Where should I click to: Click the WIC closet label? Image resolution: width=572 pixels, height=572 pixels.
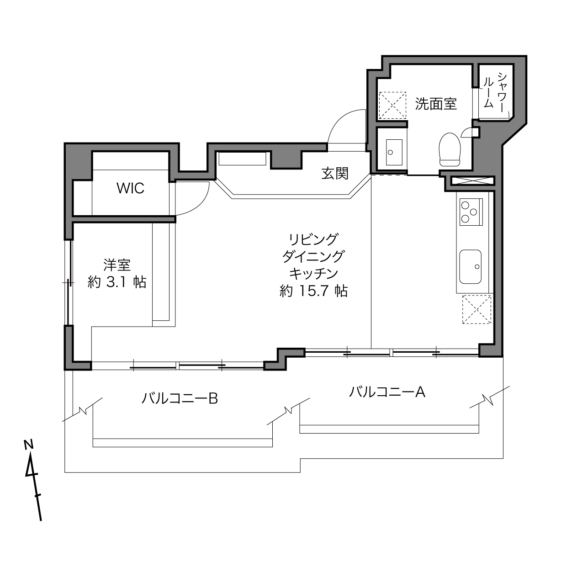(131, 188)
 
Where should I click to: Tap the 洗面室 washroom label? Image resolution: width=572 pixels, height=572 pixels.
(435, 104)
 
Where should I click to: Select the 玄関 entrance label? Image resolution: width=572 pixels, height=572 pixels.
(335, 173)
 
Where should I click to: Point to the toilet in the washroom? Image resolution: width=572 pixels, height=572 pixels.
(450, 149)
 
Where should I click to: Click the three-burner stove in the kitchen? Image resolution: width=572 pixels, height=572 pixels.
(471, 212)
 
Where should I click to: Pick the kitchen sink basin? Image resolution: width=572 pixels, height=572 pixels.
(471, 266)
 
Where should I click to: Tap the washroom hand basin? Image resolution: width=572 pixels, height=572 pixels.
(394, 152)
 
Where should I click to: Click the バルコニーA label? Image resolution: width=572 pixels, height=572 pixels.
(387, 392)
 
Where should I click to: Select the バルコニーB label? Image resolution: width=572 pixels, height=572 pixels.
(180, 398)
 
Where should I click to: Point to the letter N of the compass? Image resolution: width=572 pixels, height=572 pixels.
(28, 445)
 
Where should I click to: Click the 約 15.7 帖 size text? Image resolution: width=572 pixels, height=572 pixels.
(313, 291)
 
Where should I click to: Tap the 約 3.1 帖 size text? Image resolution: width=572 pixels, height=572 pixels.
(117, 282)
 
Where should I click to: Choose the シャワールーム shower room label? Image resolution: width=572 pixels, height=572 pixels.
(494, 92)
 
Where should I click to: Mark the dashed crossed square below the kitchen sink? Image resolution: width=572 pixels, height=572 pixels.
(477, 309)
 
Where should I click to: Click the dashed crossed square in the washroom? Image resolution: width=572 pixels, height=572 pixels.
(392, 105)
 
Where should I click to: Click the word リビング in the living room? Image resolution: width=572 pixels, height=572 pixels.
(313, 239)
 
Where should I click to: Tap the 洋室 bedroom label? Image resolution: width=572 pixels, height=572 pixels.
(117, 265)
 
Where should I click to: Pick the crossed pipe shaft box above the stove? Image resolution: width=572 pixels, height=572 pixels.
(471, 180)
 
